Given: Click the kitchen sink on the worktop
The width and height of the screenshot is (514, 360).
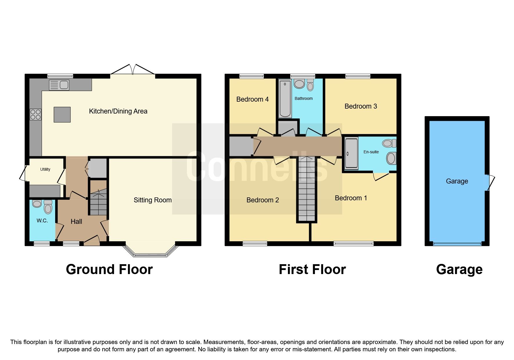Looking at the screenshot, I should pos(59,85).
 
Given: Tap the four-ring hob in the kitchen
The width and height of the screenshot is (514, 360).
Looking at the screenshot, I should pos(35,114).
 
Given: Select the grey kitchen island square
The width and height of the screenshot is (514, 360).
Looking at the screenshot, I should pos(62,114).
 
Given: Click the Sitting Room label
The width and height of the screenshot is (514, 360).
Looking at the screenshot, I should pos(152,200).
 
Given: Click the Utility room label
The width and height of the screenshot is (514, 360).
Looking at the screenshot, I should pos(45,169).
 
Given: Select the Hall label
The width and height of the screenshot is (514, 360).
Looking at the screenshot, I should pos(76,222).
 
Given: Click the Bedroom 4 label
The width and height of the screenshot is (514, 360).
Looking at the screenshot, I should pos(252,99).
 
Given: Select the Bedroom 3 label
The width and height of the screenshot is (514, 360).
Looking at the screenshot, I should pos(360,106).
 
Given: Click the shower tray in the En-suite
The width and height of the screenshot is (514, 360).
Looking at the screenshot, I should pos(351,153).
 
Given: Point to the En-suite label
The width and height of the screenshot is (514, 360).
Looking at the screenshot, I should pos(371,152).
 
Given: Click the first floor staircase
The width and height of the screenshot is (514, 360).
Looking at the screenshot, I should pos(306,189).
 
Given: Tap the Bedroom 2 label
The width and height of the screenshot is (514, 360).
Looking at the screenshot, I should pos(262,200).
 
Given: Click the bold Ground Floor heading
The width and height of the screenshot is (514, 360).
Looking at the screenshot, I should pos(109,269).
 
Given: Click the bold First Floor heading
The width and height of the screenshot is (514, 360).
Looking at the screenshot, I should pos(312,269).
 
